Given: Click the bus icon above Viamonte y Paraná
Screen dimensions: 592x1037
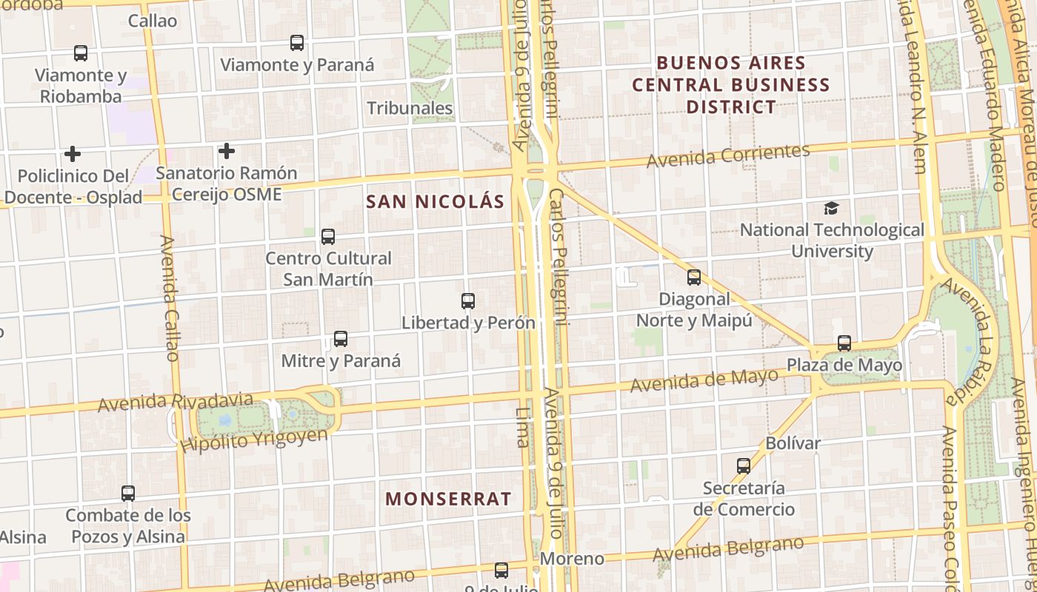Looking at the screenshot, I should [x=297, y=43].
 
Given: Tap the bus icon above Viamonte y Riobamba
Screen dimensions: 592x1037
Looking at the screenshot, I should [x=81, y=53].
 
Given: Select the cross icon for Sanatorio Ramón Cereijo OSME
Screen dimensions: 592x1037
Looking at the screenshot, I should [x=227, y=152].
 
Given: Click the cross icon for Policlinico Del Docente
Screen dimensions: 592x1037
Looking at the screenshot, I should [x=73, y=154].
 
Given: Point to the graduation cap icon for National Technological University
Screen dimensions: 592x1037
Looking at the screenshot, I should [x=832, y=209].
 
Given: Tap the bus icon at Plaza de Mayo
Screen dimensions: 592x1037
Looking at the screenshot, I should [x=844, y=343].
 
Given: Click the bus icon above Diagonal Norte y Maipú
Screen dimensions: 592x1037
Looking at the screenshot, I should [x=694, y=277].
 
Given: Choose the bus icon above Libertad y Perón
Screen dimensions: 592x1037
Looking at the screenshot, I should [x=468, y=301].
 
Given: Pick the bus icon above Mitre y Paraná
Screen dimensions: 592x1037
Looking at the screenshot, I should [x=341, y=339].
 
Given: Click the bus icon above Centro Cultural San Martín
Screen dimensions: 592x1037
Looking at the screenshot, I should [x=328, y=237].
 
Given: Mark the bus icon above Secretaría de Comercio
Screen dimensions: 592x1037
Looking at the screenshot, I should [x=744, y=466].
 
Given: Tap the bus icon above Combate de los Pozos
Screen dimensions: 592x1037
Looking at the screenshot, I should [x=128, y=494].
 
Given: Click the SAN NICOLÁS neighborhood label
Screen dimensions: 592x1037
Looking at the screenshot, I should [x=436, y=201].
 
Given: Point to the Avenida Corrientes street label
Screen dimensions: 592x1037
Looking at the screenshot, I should [x=728, y=155].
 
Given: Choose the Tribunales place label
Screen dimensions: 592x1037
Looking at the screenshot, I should [x=410, y=108].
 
